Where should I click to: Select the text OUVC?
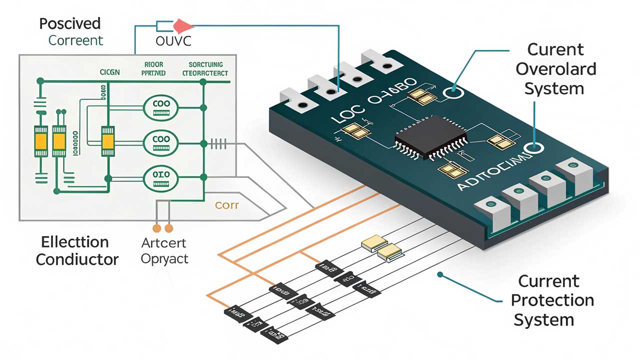[173, 41]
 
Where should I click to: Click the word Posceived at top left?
[70, 23]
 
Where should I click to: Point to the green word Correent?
[75, 40]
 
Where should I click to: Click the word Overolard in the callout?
[555, 69]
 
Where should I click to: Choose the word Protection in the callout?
[552, 300]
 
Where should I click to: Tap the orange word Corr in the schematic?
[226, 205]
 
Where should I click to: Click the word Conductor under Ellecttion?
[77, 259]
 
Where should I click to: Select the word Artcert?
[164, 243]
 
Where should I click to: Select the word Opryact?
[164, 259]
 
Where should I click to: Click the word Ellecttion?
[74, 242]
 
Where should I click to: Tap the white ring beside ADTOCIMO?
[536, 148]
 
